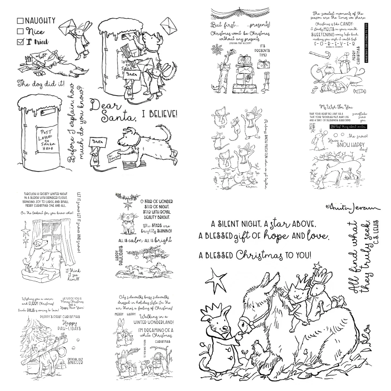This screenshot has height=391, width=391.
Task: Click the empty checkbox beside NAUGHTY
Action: [20, 21]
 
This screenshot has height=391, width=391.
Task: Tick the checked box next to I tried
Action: [20, 41]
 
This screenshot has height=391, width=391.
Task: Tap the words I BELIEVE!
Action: [160, 114]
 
